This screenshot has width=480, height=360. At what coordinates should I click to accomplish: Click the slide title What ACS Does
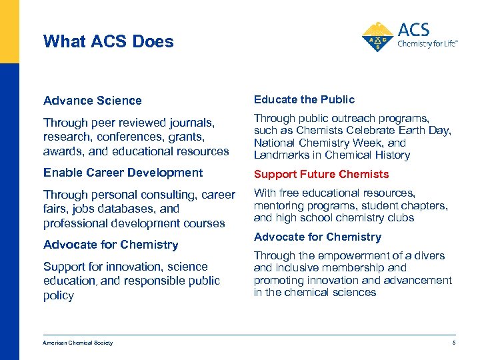108,41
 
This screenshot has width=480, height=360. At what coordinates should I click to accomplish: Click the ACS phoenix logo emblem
378,37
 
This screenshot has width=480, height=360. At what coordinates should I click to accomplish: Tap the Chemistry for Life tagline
427,45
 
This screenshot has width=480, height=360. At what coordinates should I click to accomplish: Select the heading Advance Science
93,101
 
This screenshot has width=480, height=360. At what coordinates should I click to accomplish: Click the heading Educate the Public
304,99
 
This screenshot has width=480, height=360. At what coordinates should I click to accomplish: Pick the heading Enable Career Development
123,173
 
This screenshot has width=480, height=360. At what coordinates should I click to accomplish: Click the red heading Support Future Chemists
321,174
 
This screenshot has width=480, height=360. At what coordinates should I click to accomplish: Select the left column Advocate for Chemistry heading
111,245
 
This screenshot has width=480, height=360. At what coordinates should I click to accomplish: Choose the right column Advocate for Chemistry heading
317,237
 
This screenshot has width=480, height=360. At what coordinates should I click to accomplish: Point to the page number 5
453,343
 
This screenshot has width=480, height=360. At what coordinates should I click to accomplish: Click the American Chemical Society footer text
78,343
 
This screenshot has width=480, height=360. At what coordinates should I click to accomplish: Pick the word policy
59,295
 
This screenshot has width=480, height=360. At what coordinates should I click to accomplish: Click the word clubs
400,217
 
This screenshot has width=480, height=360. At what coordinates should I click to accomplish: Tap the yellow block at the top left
9,31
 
